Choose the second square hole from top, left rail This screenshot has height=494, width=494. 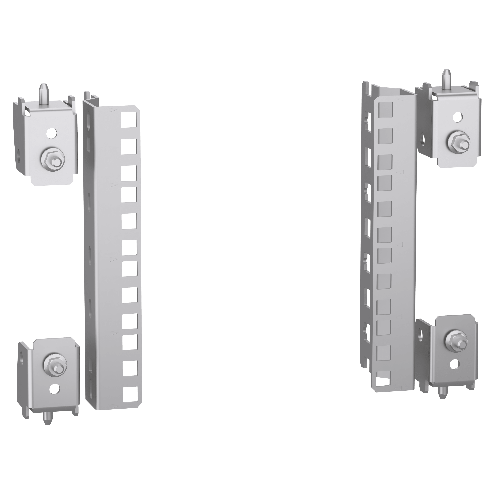click(x=129, y=146)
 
